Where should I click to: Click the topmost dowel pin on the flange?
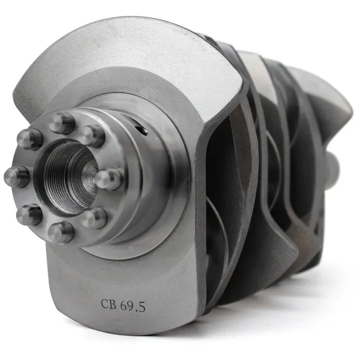click(62, 123)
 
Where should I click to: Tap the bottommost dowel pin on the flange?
click(61, 232)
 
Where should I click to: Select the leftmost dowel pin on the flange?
click(17, 176)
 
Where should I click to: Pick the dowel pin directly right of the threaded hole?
click(109, 179)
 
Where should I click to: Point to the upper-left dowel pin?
click(30, 139)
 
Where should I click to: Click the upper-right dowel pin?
click(93, 136)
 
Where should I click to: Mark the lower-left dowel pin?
click(29, 214)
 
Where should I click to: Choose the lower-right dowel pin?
click(95, 218)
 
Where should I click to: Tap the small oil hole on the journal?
click(141, 130)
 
